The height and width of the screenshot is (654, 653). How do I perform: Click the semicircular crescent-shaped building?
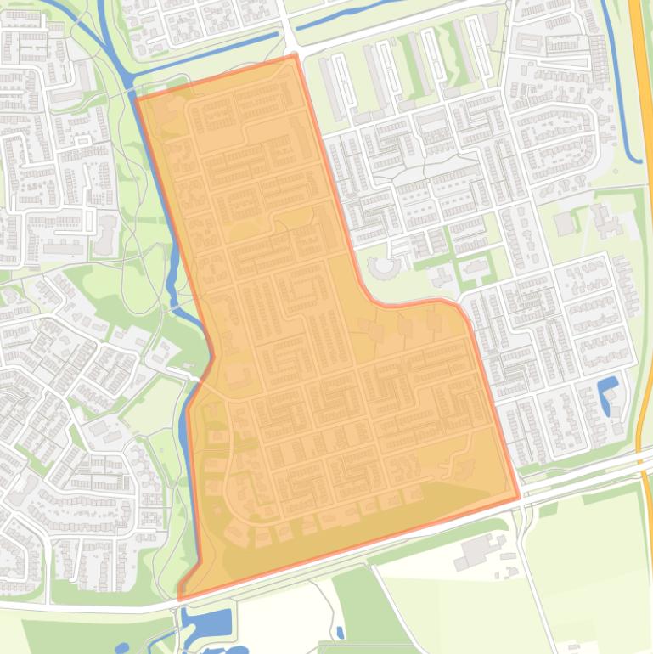(385, 269)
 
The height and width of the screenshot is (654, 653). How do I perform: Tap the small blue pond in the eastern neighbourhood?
(610, 396)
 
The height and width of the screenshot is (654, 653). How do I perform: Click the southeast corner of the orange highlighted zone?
(518, 498)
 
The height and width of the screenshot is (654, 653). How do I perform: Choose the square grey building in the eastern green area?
(564, 224)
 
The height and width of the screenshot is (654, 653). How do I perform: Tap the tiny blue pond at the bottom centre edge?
(341, 633)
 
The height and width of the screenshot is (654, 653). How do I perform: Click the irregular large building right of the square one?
(606, 221)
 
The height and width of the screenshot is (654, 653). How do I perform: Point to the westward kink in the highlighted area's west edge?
(189, 399)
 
